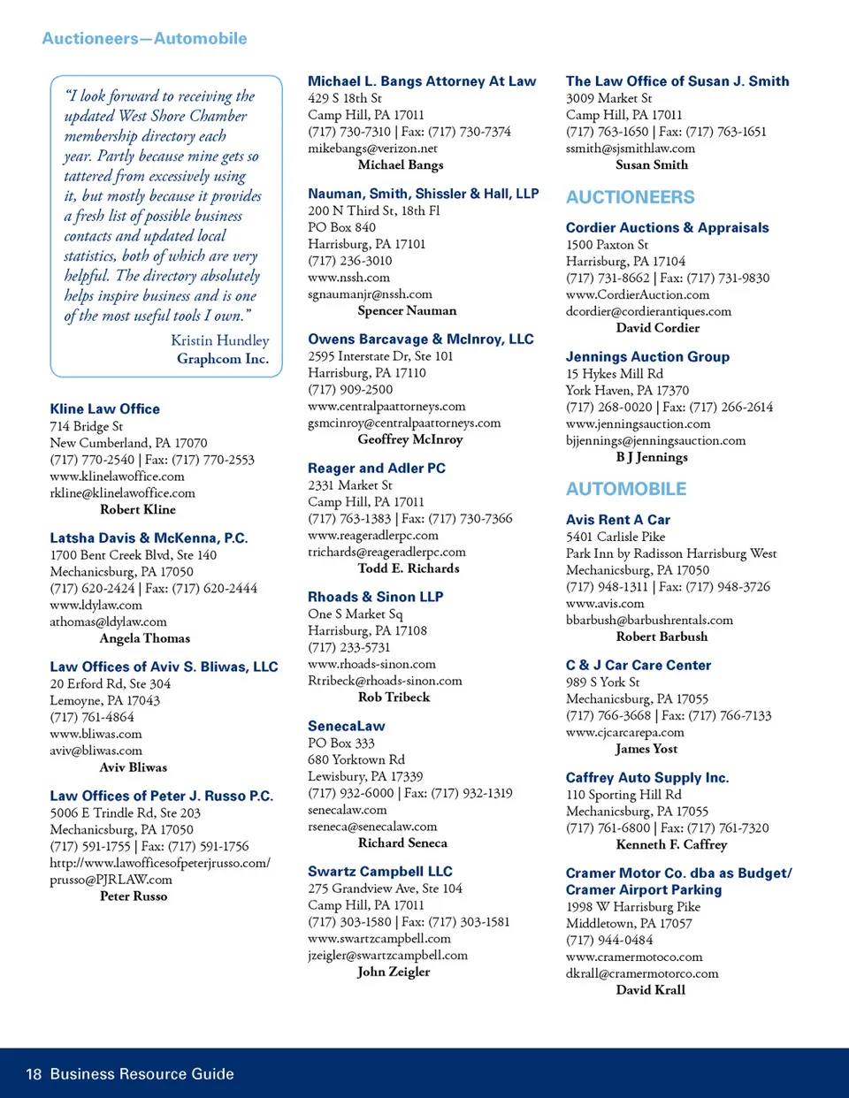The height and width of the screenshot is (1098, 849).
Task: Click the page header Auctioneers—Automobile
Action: [x=144, y=39]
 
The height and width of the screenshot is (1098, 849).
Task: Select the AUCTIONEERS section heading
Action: [x=630, y=197]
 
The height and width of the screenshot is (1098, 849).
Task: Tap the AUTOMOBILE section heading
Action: [x=625, y=489]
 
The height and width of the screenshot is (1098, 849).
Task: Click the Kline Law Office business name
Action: [x=104, y=409]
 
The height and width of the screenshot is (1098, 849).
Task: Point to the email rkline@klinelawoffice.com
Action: [x=122, y=493]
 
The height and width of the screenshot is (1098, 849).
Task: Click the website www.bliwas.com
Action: [x=96, y=734]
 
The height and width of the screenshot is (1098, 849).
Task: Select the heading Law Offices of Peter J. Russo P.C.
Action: [x=161, y=797]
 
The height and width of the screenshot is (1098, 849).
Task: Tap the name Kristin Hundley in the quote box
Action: [x=219, y=340]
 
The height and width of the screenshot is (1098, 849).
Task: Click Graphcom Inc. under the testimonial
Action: [x=222, y=359]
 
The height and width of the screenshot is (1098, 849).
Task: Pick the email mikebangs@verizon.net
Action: [x=372, y=149]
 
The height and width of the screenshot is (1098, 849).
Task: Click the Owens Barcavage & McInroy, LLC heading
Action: [x=420, y=339]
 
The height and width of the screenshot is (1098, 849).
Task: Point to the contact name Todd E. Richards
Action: [x=408, y=568]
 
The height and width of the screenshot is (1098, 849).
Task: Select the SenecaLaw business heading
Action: [x=346, y=727]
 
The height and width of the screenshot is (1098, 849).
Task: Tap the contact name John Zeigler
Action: [x=394, y=972]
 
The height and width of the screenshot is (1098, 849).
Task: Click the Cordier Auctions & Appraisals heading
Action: [x=667, y=228]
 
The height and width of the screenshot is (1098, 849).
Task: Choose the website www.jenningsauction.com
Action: [x=638, y=424]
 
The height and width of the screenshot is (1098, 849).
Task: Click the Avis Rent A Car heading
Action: [x=617, y=520]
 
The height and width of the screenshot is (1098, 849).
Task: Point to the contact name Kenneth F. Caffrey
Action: [x=671, y=844]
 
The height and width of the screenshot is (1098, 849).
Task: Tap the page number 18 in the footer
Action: [x=34, y=1074]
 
